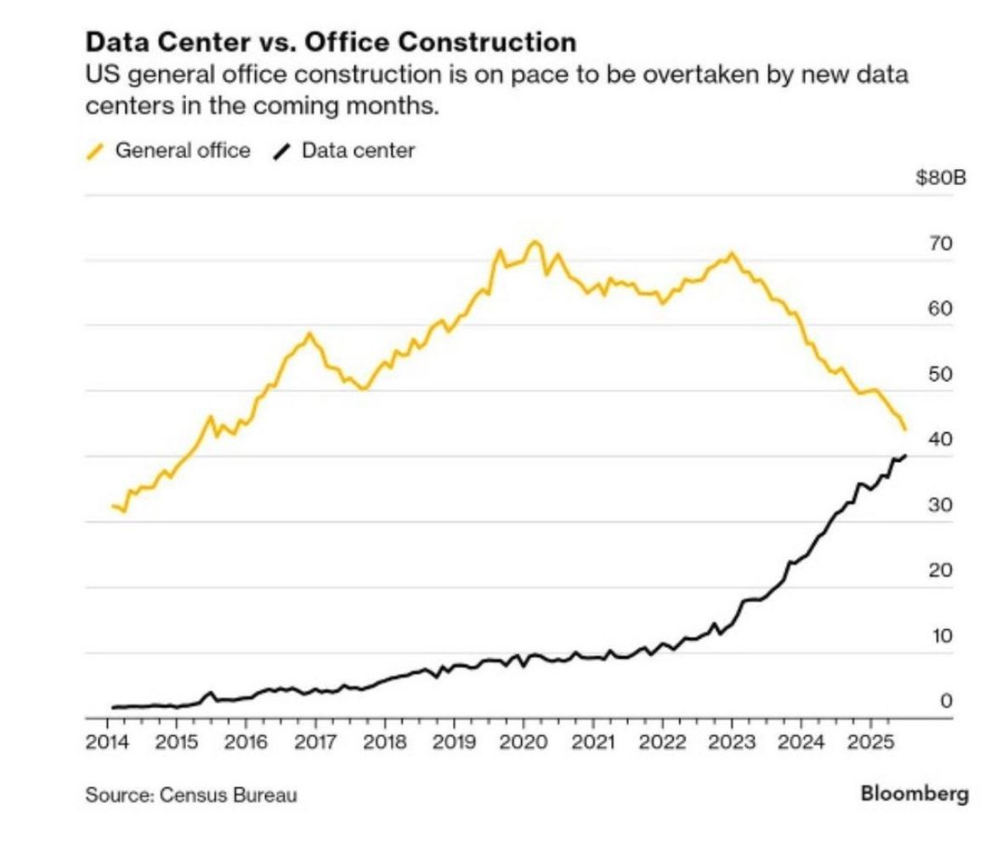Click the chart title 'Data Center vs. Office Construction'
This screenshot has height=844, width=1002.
[331, 42]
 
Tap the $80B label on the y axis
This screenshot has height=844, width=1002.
[941, 178]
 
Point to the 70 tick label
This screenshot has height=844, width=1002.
[940, 244]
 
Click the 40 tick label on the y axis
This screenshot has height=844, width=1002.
[940, 439]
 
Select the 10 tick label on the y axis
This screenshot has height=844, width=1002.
[940, 636]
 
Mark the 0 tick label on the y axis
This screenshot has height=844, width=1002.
[945, 701]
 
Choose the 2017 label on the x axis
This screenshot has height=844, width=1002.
[315, 743]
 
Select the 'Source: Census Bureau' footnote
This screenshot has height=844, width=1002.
[191, 796]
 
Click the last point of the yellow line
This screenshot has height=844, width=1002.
[905, 430]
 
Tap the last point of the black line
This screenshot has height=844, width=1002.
[905, 456]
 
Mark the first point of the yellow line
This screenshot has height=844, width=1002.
[113, 506]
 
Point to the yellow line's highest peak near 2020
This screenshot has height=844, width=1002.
[534, 242]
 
